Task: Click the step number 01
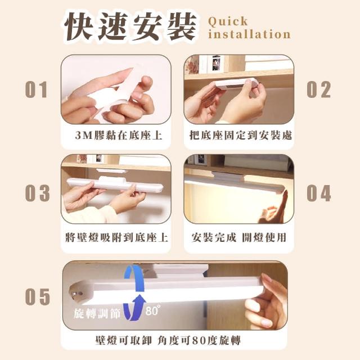(36, 89)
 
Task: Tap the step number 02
(319, 89)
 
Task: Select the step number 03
(37, 193)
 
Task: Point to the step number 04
(319, 193)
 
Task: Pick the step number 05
(37, 296)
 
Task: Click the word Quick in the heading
(228, 21)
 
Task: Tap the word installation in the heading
(249, 34)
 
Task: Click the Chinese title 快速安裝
(130, 26)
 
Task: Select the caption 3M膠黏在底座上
(119, 136)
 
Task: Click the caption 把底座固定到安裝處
(241, 135)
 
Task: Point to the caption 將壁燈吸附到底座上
(116, 237)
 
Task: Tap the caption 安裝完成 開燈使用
(238, 237)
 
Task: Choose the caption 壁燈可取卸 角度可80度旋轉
(168, 340)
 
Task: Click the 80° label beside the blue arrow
(153, 310)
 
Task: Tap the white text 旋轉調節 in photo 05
(97, 313)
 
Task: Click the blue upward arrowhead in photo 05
(138, 299)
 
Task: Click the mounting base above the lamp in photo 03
(111, 171)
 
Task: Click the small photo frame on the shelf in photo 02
(216, 63)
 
